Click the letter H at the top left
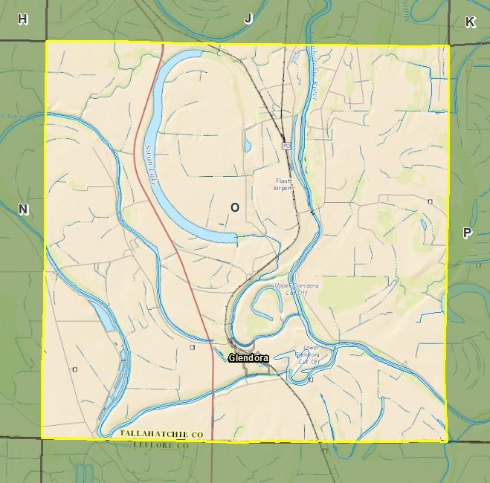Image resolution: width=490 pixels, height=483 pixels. [23, 19]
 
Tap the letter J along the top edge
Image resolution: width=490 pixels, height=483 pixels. [248, 19]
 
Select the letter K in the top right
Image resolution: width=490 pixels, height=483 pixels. [470, 22]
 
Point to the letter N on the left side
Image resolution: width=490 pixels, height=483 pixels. [23, 210]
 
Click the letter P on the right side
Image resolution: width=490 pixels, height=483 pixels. [467, 233]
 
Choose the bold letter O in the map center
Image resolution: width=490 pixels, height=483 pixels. [235, 207]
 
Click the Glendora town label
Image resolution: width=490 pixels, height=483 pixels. [248, 358]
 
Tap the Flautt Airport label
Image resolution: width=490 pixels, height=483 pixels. [283, 184]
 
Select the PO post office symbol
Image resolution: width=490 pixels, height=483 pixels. [286, 146]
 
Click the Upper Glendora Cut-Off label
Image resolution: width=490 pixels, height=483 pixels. [297, 288]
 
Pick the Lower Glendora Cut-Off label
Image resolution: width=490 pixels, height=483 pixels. [312, 354]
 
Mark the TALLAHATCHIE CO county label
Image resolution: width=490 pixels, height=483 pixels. [161, 433]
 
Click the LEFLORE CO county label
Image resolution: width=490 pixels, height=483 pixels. [161, 445]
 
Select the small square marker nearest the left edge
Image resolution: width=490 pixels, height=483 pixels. [74, 369]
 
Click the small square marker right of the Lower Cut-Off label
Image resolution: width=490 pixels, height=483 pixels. [312, 380]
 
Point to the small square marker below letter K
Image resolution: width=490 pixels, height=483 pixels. [430, 201]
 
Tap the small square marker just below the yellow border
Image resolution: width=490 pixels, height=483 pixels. [325, 450]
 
